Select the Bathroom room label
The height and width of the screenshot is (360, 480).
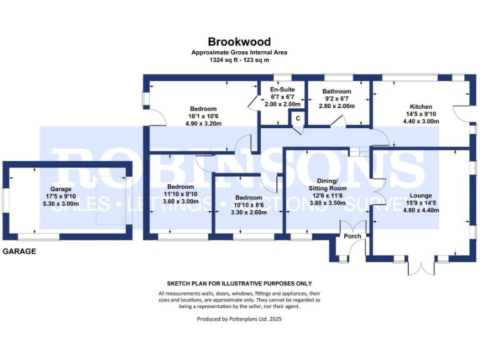[x=337, y=91]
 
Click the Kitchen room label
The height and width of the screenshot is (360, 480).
[x=420, y=106]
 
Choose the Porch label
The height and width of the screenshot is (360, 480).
[x=352, y=236]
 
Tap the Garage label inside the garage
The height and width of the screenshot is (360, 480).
[x=61, y=189]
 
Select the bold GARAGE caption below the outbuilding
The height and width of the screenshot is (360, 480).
[x=19, y=251]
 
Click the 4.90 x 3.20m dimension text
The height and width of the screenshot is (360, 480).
[x=204, y=123]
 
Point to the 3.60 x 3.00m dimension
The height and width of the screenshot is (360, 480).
[x=180, y=202]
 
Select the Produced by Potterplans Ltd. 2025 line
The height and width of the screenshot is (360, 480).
[x=239, y=319]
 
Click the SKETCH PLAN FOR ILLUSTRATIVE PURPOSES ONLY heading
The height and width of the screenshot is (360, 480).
[x=239, y=283]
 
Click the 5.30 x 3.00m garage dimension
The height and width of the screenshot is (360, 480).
[x=61, y=204]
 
